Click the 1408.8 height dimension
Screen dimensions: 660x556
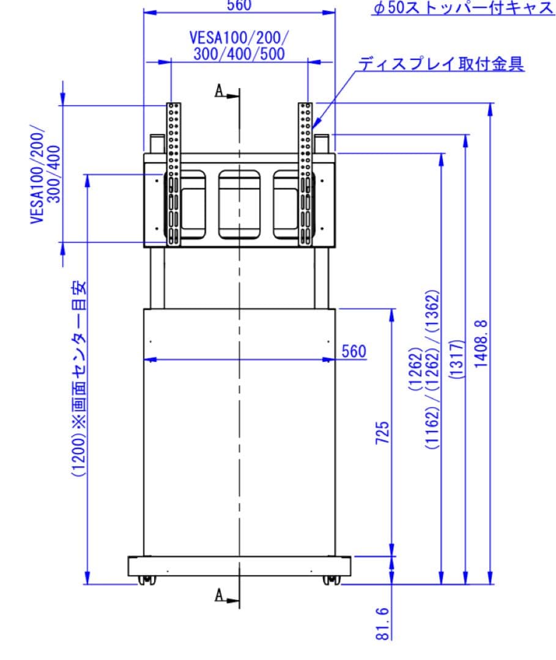481,342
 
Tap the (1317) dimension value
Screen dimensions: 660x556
456,360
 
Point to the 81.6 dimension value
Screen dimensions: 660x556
382,624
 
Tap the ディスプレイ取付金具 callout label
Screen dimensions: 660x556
441,64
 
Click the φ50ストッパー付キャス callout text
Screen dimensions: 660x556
463,8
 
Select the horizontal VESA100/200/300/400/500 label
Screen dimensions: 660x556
239,45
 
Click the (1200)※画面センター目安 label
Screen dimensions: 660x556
80,379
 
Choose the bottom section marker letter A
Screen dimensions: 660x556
219,595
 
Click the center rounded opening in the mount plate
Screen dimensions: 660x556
239,205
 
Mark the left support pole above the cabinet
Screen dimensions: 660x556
157,277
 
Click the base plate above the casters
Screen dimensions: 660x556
239,566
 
